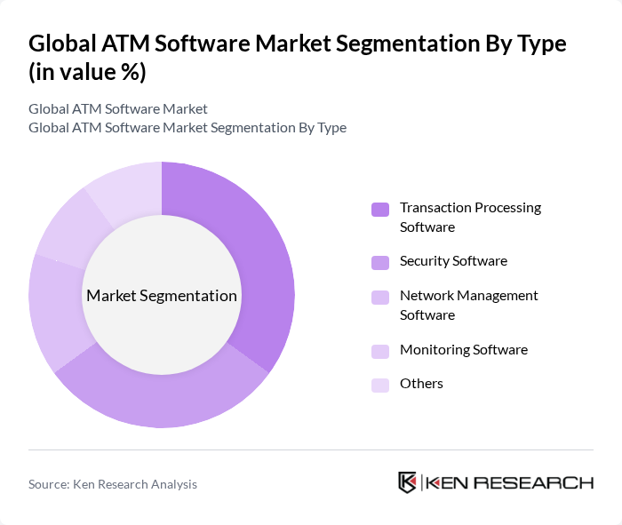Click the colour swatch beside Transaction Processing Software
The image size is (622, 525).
[380, 210]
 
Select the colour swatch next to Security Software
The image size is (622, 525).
[380, 262]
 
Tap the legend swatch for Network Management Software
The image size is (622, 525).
[380, 297]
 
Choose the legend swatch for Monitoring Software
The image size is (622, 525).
[380, 350]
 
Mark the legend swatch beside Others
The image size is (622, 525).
[380, 385]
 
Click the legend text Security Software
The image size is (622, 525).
[453, 261]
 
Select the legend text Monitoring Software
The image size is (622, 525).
[463, 349]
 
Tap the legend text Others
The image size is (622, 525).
[421, 384]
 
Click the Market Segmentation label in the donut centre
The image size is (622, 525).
[162, 296]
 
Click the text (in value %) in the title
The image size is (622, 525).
[88, 73]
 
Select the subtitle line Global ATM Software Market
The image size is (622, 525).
[118, 108]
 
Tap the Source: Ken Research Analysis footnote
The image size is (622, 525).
[113, 484]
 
